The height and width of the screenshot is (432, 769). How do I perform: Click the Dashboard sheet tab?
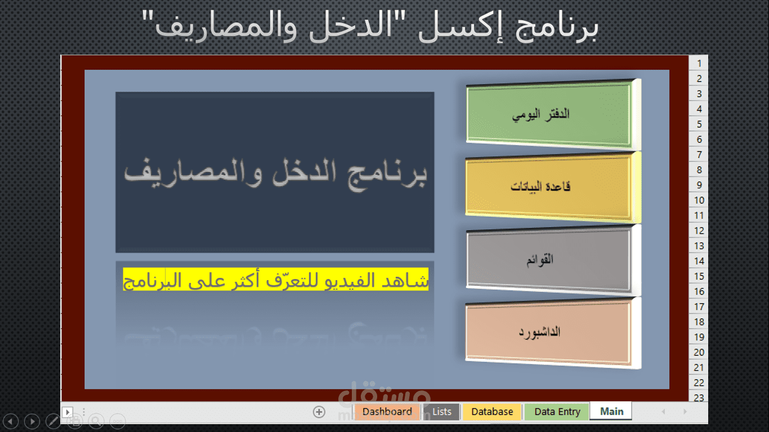[387, 412]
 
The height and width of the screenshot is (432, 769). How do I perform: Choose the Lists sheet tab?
[442, 412]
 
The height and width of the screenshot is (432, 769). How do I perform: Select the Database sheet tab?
[492, 412]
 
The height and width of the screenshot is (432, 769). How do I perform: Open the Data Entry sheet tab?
[557, 412]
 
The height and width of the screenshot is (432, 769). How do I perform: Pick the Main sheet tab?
[611, 412]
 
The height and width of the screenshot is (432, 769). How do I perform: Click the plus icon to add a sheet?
[319, 412]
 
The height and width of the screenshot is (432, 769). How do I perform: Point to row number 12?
[699, 231]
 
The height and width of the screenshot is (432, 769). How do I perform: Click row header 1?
[699, 64]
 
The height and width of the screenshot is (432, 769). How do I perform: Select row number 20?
[699, 352]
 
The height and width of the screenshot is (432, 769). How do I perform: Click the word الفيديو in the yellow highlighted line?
[340, 280]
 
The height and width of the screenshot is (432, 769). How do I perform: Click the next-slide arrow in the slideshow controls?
[32, 420]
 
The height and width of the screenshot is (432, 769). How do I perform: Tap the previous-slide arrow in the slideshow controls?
[11, 420]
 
